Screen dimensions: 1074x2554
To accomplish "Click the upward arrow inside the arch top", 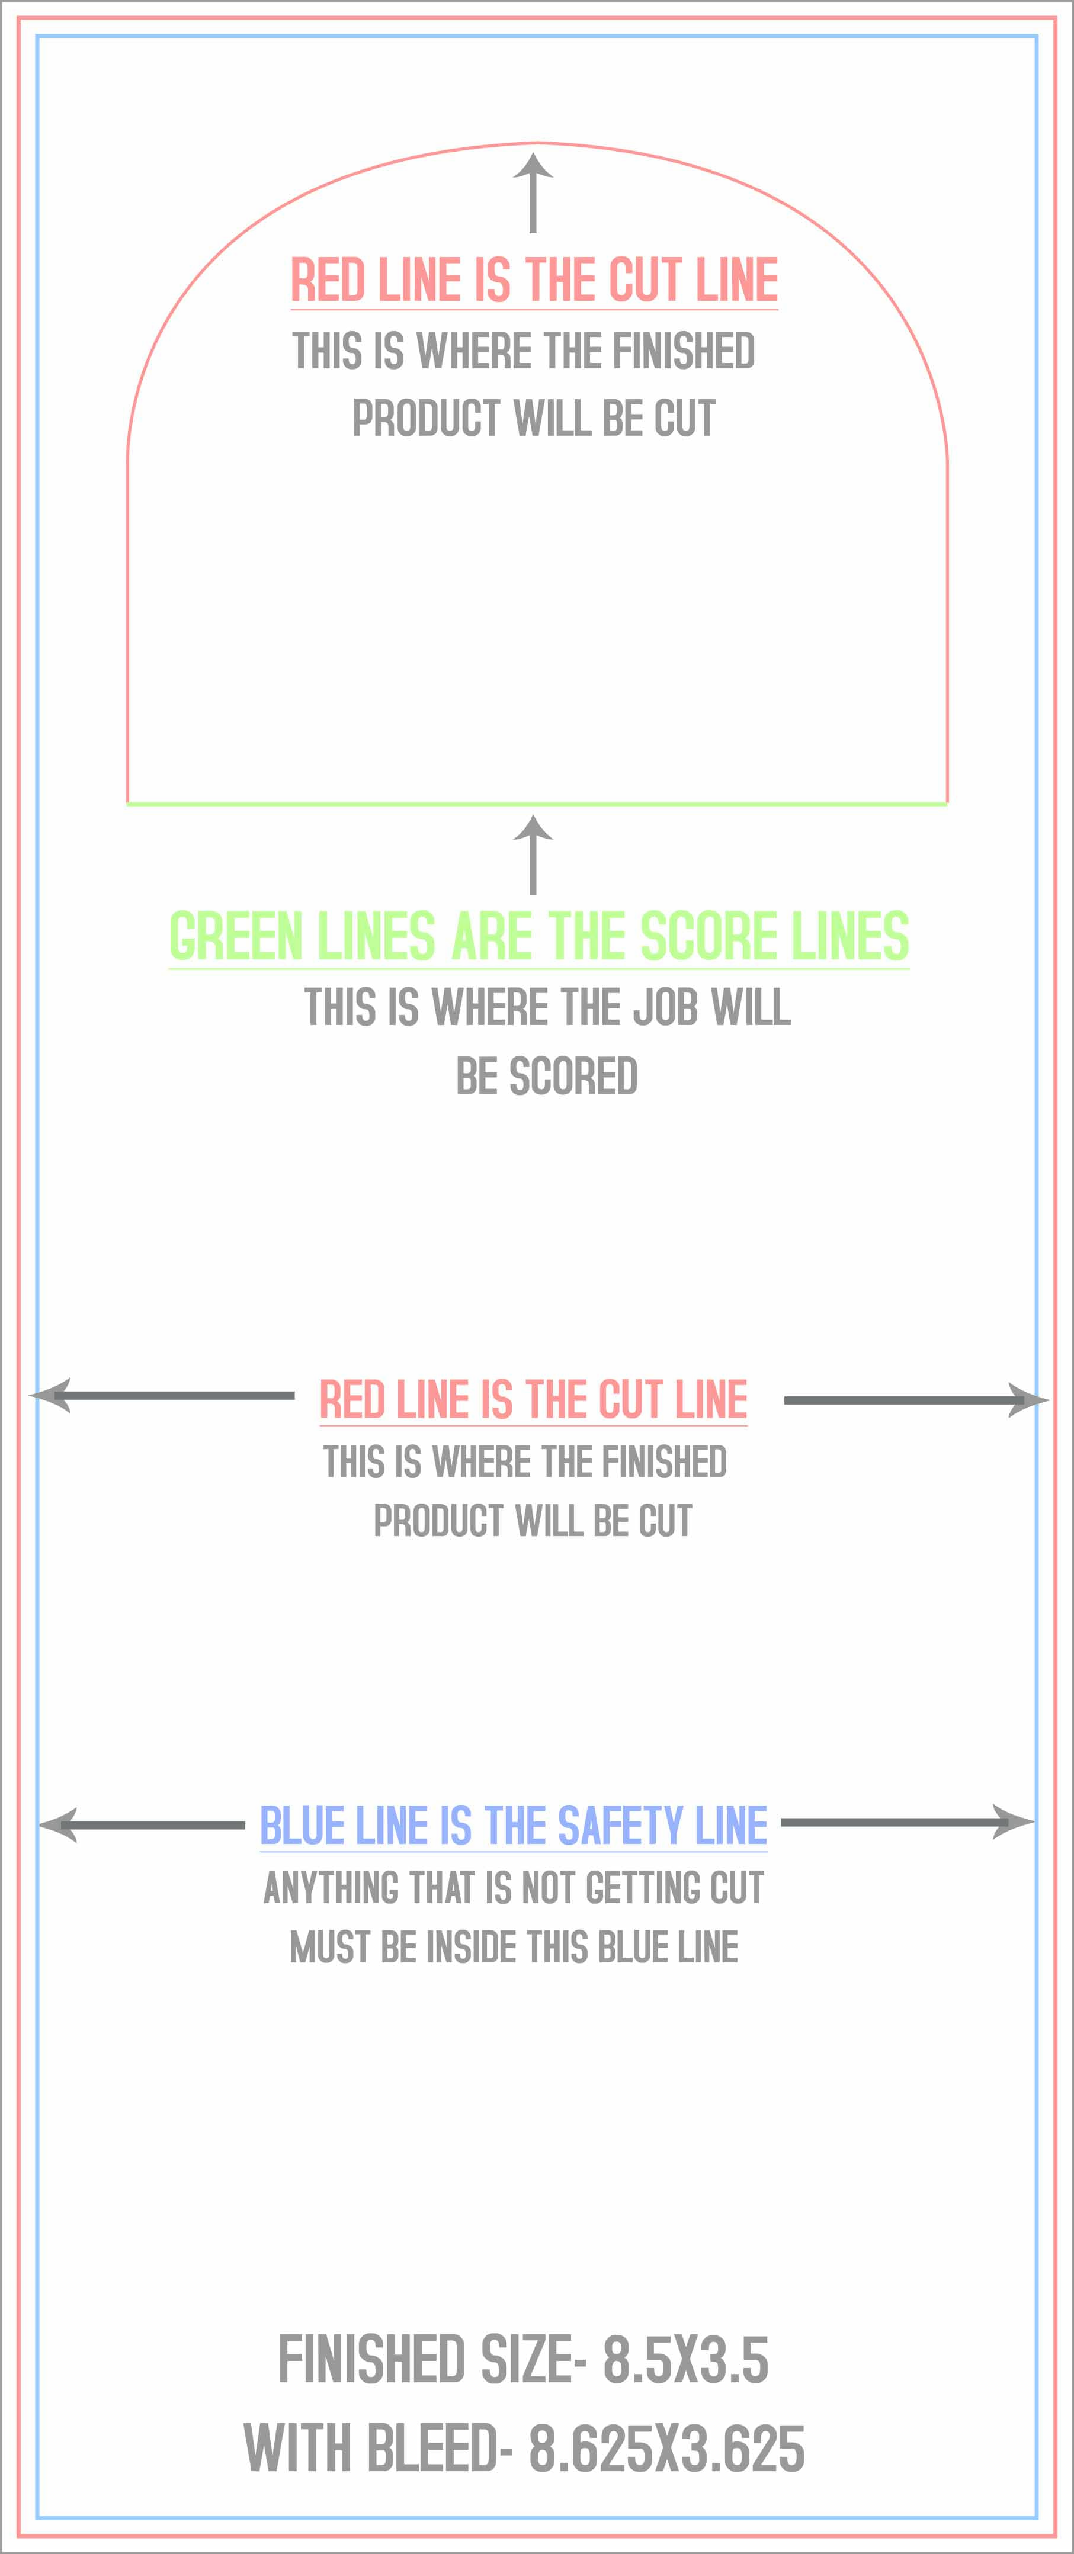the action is click(534, 192).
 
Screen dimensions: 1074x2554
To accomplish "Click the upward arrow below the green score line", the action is click(534, 854).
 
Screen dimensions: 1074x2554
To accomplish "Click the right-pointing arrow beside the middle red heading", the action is click(916, 1400).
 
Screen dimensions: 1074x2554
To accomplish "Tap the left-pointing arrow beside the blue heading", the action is click(141, 1824).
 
